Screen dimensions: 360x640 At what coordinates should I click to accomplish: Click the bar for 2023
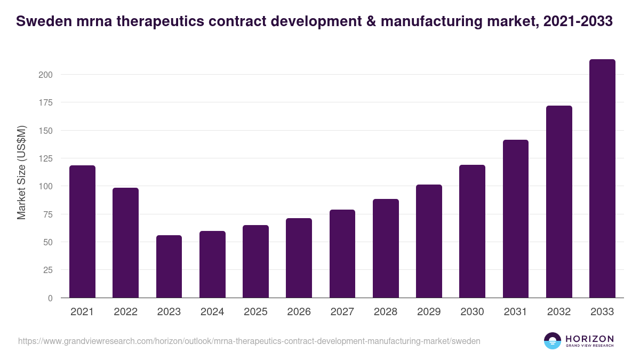[169, 267]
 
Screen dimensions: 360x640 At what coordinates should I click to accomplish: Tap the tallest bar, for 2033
[602, 179]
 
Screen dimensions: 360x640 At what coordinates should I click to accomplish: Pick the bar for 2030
[472, 231]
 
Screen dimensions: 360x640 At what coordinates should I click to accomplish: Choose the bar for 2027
[342, 254]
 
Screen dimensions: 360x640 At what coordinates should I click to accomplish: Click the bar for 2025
[255, 261]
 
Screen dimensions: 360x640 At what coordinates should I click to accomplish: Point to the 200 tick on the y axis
[45, 75]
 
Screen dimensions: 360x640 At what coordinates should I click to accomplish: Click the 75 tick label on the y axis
[47, 214]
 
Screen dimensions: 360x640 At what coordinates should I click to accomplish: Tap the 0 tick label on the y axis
[50, 298]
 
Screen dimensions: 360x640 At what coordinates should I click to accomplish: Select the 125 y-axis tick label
[45, 158]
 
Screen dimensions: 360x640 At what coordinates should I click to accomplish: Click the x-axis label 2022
[125, 312]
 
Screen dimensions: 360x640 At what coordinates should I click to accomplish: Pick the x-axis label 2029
[429, 312]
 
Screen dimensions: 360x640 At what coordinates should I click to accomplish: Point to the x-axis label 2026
[299, 312]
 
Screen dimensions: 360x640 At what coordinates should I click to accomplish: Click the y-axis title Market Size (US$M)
[21, 172]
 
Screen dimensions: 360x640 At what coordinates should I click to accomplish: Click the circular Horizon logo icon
[553, 341]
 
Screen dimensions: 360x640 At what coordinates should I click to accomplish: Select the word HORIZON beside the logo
[589, 339]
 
